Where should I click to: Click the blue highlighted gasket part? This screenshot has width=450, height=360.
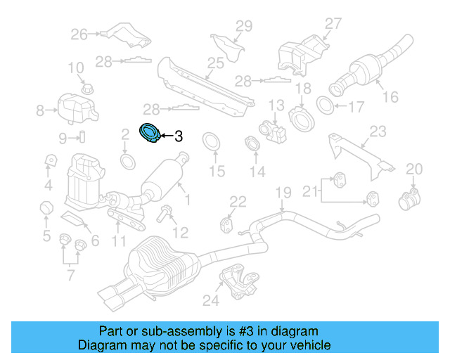click(x=150, y=134)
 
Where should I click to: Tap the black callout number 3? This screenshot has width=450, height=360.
click(x=178, y=136)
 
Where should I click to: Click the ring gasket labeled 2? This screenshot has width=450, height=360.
click(x=127, y=162)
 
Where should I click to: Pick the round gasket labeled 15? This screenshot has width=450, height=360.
click(x=210, y=141)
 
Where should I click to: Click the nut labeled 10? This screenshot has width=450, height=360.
click(x=86, y=89)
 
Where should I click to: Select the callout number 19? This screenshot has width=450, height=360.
click(x=283, y=193)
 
